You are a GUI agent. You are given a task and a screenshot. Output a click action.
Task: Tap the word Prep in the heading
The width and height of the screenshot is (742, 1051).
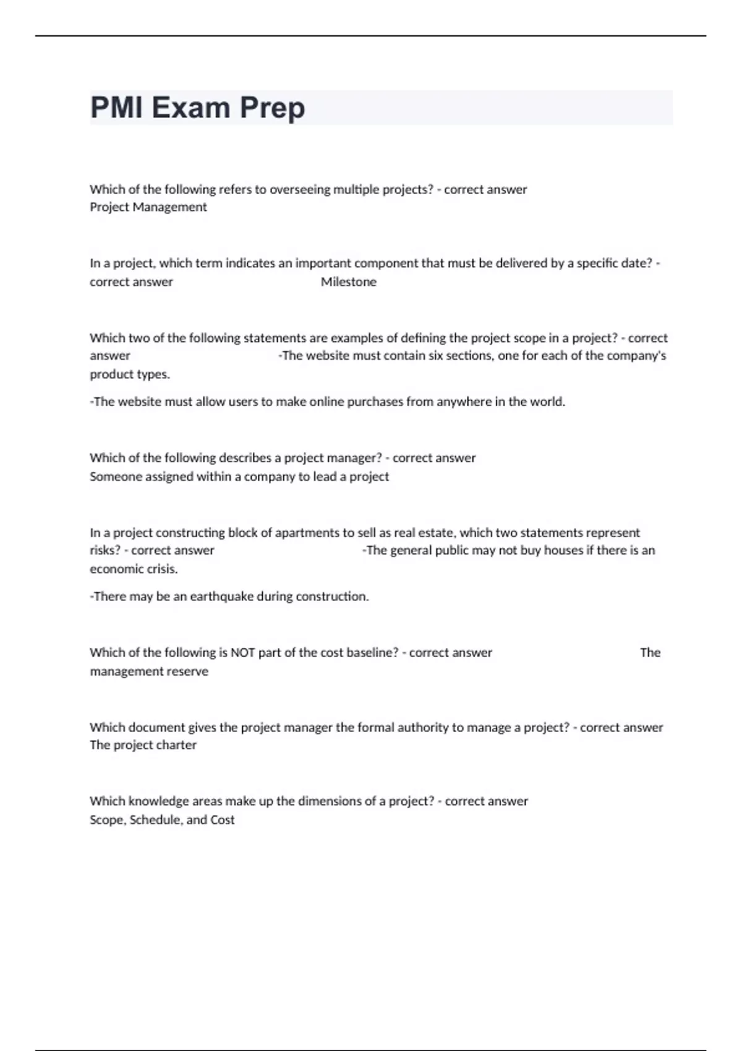(x=272, y=108)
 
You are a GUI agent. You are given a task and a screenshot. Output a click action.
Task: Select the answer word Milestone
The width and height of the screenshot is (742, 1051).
(x=348, y=282)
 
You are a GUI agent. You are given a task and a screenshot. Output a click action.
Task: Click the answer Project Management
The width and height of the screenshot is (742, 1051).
(x=148, y=207)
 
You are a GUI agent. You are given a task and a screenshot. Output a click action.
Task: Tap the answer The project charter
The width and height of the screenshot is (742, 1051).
(x=143, y=745)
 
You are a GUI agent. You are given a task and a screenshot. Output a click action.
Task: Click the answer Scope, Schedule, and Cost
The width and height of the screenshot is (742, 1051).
(x=162, y=820)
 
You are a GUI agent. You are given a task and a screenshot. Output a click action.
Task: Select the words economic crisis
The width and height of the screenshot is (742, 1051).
(x=134, y=569)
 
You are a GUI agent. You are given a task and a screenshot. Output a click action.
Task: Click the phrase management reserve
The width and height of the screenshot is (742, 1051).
(x=149, y=671)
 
